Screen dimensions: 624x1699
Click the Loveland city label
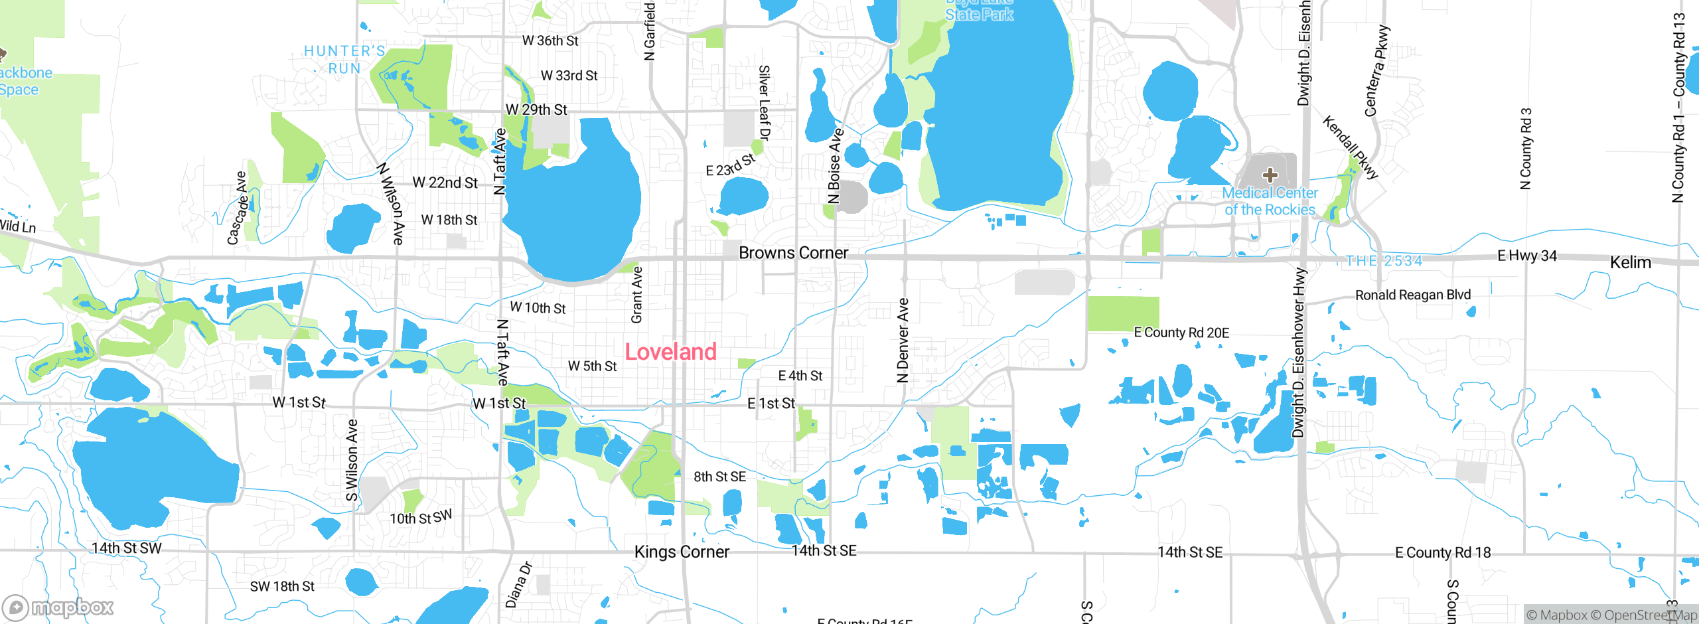click(x=670, y=352)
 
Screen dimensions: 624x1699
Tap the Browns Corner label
click(x=793, y=253)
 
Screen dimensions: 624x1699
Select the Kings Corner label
click(x=682, y=552)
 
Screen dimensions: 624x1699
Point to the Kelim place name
click(x=1630, y=263)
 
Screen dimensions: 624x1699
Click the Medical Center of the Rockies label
click(x=1270, y=201)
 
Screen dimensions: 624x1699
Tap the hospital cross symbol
click(x=1270, y=175)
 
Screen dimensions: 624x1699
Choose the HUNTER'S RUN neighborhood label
click(x=344, y=60)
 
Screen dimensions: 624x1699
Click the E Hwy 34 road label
click(x=1526, y=256)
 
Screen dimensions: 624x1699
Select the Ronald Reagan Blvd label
click(x=1412, y=295)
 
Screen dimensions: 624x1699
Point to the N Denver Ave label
click(x=903, y=341)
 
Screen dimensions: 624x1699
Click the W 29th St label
click(x=536, y=110)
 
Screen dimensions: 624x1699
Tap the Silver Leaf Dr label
click(x=765, y=103)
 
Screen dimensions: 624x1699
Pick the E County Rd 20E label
click(x=1181, y=333)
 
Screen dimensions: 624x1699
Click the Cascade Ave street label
click(x=237, y=208)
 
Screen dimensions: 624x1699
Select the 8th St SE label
click(x=719, y=477)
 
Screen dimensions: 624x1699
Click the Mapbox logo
click(x=58, y=607)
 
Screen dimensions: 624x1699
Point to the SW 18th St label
click(x=282, y=586)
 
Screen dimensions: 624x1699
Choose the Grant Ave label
click(x=637, y=295)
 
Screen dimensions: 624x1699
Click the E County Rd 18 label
click(x=1443, y=552)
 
